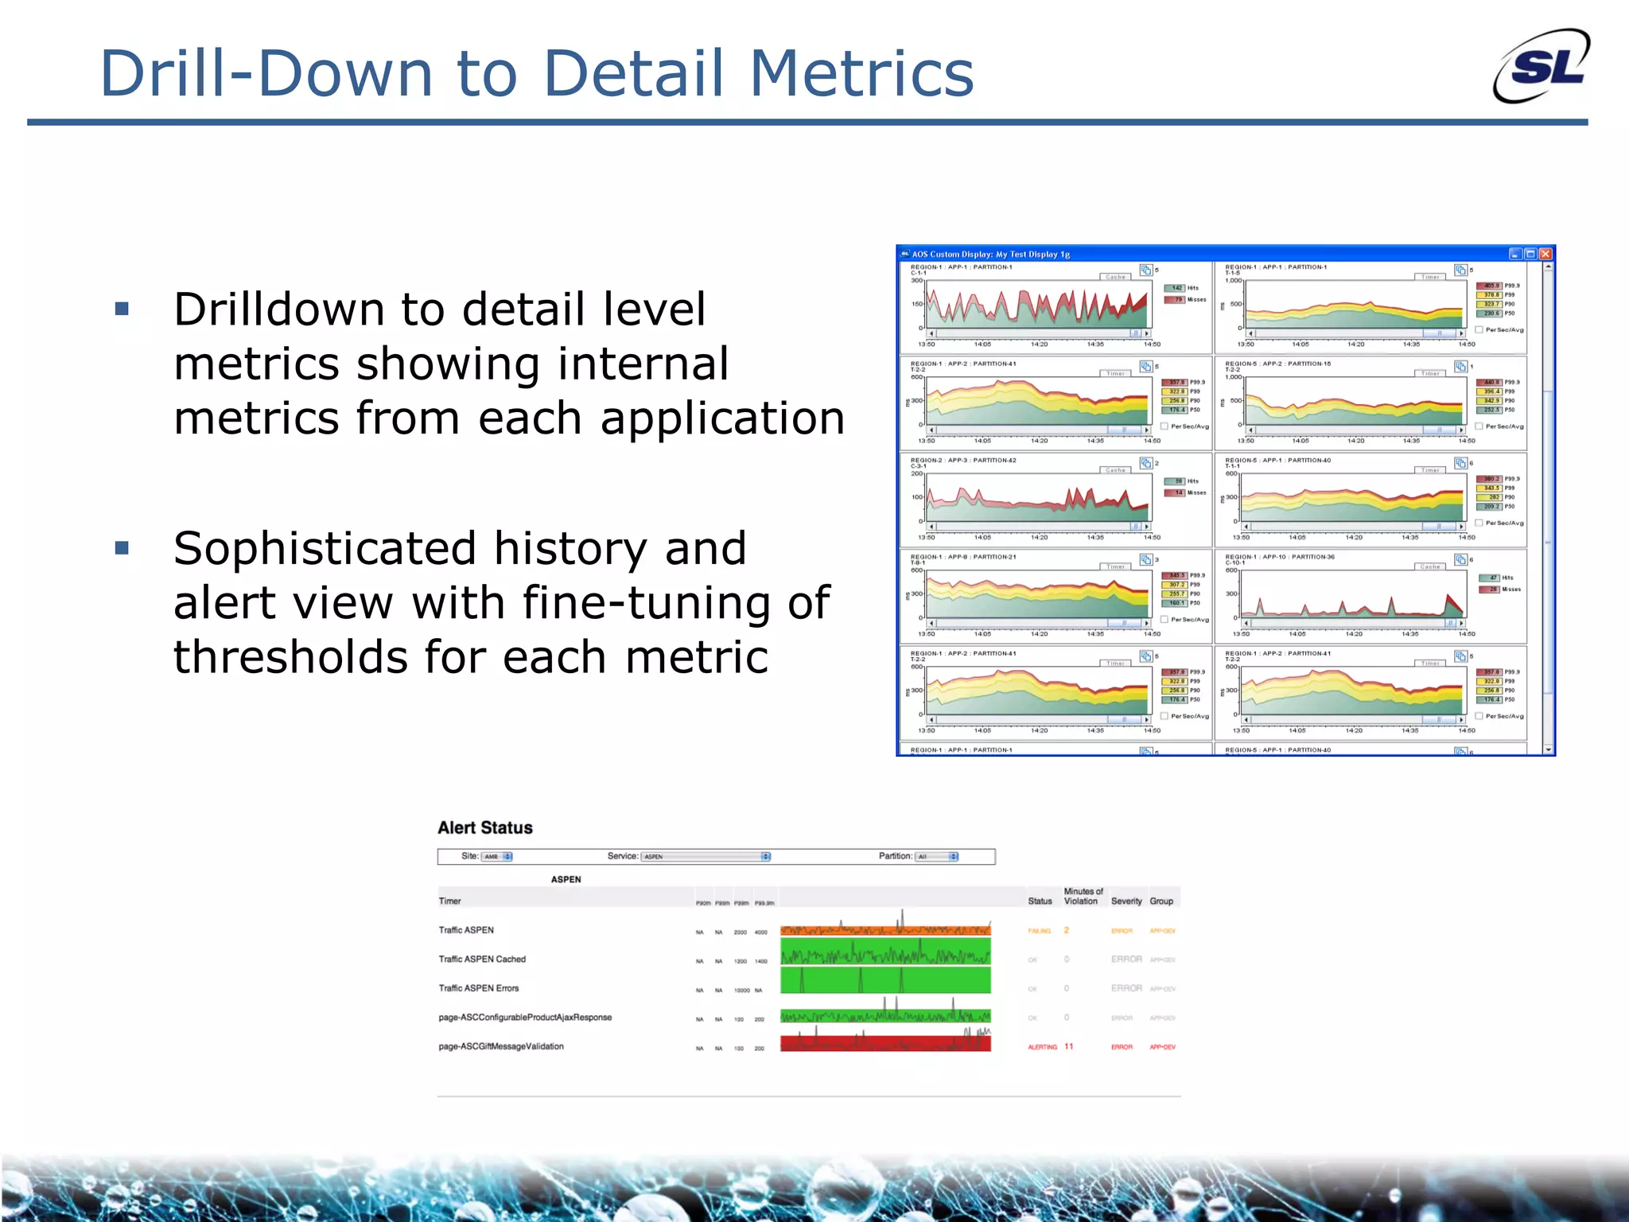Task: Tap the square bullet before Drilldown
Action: (x=122, y=309)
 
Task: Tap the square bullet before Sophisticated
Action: (x=122, y=547)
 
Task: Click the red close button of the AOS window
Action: (x=1545, y=254)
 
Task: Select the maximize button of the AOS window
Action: (x=1530, y=254)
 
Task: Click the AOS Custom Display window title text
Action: (x=990, y=255)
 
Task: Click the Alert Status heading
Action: (x=484, y=827)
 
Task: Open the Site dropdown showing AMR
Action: (x=497, y=857)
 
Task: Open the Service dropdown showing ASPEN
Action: (x=706, y=857)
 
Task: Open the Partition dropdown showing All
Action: (x=937, y=857)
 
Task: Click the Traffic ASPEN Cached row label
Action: (x=482, y=959)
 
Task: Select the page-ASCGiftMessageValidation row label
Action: (x=501, y=1046)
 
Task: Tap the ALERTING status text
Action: (x=1042, y=1047)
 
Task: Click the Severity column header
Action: (x=1126, y=901)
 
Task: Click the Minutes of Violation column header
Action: (x=1083, y=896)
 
